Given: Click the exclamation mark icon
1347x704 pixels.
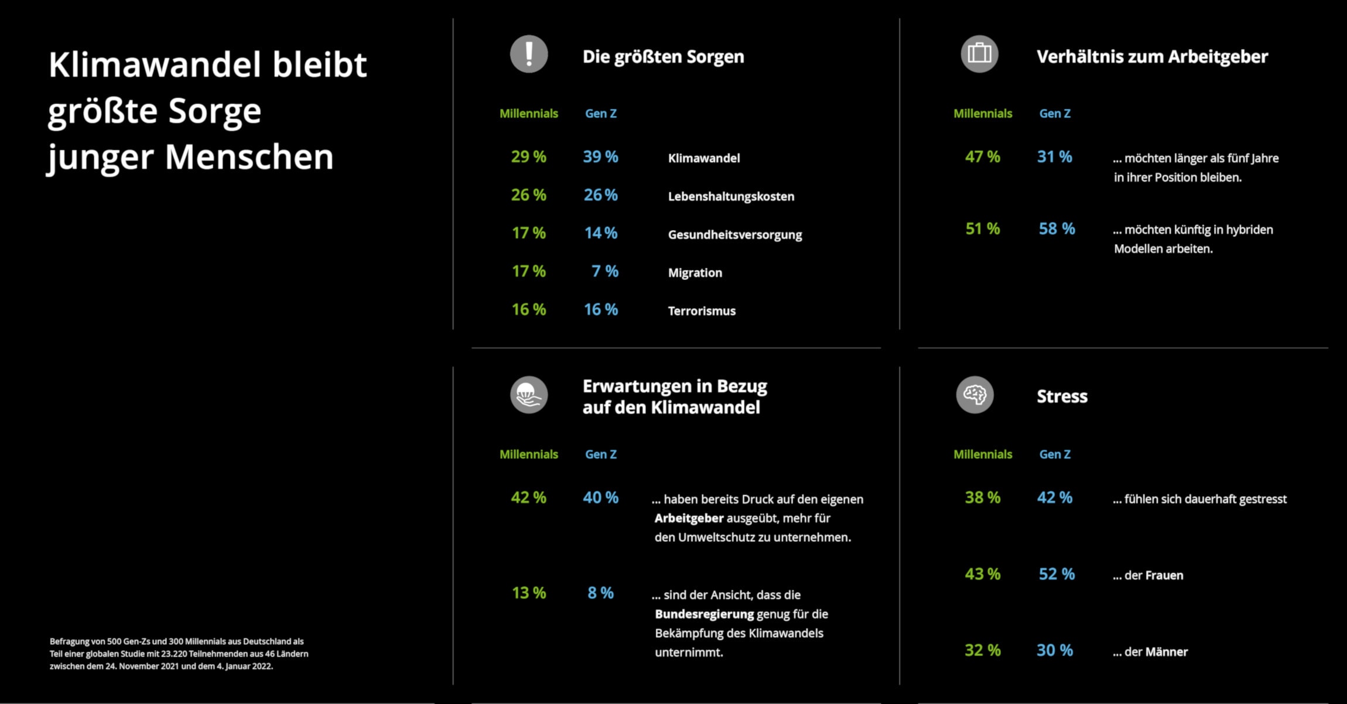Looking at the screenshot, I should click(x=529, y=54).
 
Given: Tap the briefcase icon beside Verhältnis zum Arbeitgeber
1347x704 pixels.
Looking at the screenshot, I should click(x=979, y=54).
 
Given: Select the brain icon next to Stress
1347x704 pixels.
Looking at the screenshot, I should click(x=975, y=395).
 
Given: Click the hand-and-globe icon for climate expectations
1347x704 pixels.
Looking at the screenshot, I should click(x=529, y=395).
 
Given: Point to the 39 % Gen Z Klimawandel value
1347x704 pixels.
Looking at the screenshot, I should click(x=600, y=157).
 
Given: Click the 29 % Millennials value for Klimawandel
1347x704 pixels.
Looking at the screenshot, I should click(x=528, y=157).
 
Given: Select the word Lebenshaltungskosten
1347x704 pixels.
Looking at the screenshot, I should click(x=731, y=197).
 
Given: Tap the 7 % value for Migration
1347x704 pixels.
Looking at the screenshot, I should click(x=604, y=271).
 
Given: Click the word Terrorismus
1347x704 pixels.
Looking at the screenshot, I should click(x=702, y=311).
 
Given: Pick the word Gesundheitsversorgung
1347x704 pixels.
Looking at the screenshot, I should click(x=735, y=235).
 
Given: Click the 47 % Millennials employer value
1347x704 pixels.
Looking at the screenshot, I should click(x=982, y=157).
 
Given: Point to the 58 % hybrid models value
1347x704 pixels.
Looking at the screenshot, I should click(x=1057, y=229).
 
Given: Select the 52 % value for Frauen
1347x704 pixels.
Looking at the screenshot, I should click(x=1057, y=574).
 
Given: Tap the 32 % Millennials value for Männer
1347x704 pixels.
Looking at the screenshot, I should click(x=982, y=650).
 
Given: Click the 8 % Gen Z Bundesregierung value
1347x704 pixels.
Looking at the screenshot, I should click(x=600, y=593).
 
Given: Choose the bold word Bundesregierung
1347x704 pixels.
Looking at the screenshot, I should click(x=704, y=614).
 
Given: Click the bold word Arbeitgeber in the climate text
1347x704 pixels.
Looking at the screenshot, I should click(x=681, y=518).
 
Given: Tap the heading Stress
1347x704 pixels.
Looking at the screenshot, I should click(x=1062, y=397).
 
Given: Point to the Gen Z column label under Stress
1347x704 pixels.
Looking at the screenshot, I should click(x=1055, y=454).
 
